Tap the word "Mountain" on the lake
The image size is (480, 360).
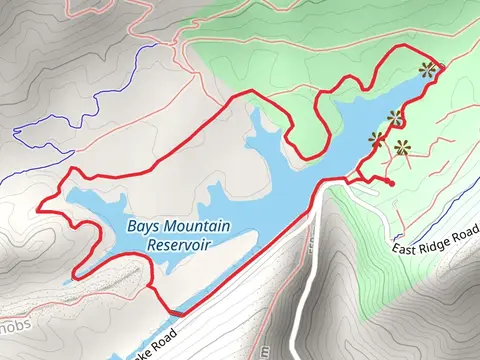click(x=196, y=226)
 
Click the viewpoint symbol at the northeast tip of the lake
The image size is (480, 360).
click(x=429, y=70)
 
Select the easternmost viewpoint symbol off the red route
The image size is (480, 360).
click(x=403, y=150)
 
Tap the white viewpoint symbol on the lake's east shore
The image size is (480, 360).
click(x=395, y=118)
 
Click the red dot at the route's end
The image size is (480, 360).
click(x=390, y=184)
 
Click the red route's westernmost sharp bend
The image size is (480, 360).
click(x=40, y=210)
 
